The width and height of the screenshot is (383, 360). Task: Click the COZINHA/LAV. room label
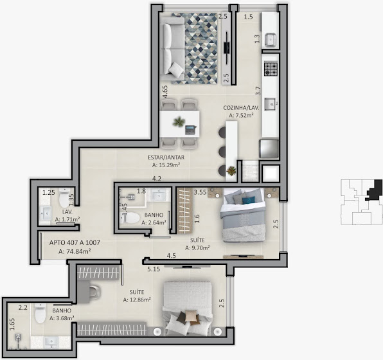tap(241, 107)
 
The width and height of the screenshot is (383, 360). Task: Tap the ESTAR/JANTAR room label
tap(166, 157)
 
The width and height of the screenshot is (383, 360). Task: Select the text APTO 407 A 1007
tap(75, 243)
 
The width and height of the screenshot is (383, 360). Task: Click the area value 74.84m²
tap(78, 251)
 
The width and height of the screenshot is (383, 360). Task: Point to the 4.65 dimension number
tap(165, 91)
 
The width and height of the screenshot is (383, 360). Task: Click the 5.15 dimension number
tap(154, 269)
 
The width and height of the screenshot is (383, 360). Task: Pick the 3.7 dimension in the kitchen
tap(258, 91)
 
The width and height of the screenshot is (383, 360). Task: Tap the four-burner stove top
tap(271, 68)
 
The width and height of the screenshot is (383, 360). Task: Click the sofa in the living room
tap(172, 49)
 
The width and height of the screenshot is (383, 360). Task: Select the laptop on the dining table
tap(190, 130)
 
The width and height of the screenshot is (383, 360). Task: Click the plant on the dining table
tap(179, 122)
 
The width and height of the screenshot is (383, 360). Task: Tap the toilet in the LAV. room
tap(64, 198)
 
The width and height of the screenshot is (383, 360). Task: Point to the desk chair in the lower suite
tap(94, 292)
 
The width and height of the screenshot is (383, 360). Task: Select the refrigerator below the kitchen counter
tap(269, 149)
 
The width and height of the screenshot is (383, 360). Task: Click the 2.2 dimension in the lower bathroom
tap(23, 308)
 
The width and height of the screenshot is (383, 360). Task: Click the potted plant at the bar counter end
tap(231, 171)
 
